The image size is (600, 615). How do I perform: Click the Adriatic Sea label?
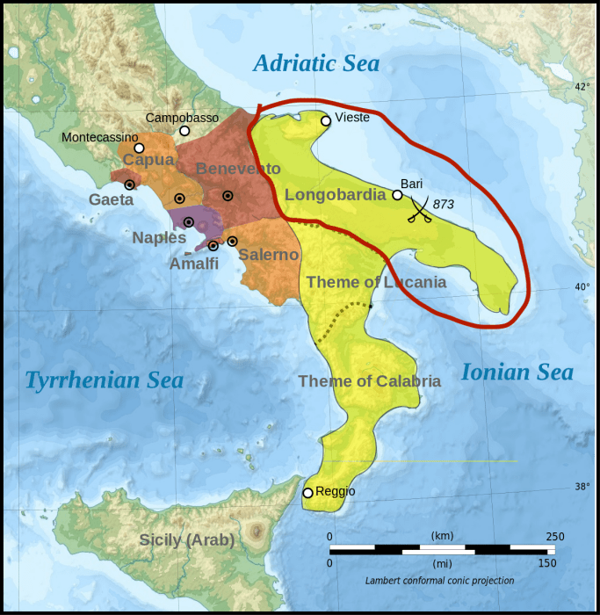coord(316,63)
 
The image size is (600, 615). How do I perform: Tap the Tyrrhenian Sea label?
coord(104,380)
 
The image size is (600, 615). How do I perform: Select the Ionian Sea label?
coord(517,373)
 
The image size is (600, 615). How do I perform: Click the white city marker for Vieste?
coord(326,121)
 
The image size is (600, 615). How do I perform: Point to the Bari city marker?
coord(397,195)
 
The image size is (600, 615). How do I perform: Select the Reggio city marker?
coord(307,493)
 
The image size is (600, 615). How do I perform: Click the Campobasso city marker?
coord(184,131)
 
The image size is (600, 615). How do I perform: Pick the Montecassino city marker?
coord(139,148)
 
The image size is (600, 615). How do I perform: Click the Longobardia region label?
coord(336,194)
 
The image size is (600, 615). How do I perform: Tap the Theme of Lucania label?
coord(377,282)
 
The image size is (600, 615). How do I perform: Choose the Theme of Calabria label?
coord(369,380)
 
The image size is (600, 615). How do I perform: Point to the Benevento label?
coord(238,169)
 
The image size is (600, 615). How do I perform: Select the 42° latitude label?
coord(582,87)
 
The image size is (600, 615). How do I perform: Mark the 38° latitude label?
coord(582,486)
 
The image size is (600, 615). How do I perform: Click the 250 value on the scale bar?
coord(554,536)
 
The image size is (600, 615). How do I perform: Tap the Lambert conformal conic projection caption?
coord(439,581)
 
